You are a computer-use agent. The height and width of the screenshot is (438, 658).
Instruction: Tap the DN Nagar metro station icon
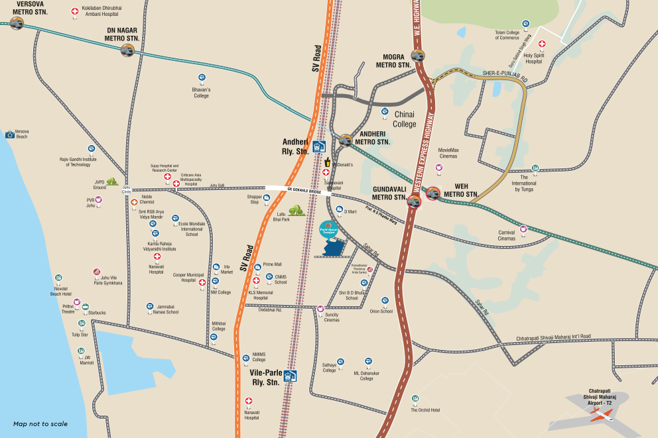(127, 50)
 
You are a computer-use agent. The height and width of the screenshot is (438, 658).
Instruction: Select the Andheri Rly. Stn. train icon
(319, 146)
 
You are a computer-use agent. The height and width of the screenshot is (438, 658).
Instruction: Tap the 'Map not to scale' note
(40, 424)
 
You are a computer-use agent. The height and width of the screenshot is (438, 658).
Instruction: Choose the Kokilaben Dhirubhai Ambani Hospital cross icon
(75, 12)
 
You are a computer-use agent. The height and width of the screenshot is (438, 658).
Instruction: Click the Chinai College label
(405, 119)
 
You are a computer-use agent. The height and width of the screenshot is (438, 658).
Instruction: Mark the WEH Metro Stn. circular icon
(433, 193)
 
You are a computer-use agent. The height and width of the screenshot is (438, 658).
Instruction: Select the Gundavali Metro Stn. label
(389, 193)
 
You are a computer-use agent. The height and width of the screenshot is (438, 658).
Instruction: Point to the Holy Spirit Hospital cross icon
(542, 44)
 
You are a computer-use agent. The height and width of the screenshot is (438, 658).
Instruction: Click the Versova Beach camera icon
(10, 135)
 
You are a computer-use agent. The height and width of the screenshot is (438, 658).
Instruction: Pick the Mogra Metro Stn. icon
(418, 56)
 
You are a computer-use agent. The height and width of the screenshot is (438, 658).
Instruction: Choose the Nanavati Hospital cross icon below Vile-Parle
(249, 402)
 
